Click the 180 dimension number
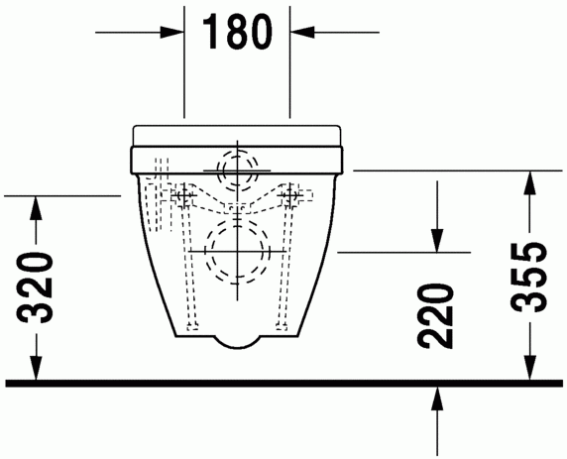[237, 33]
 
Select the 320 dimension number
[35, 287]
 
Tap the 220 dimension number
[435, 316]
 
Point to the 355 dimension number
[528, 277]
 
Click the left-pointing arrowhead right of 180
[301, 32]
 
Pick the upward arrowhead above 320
[36, 207]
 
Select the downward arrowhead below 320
[36, 368]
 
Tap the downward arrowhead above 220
[437, 240]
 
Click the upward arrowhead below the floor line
[437, 399]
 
